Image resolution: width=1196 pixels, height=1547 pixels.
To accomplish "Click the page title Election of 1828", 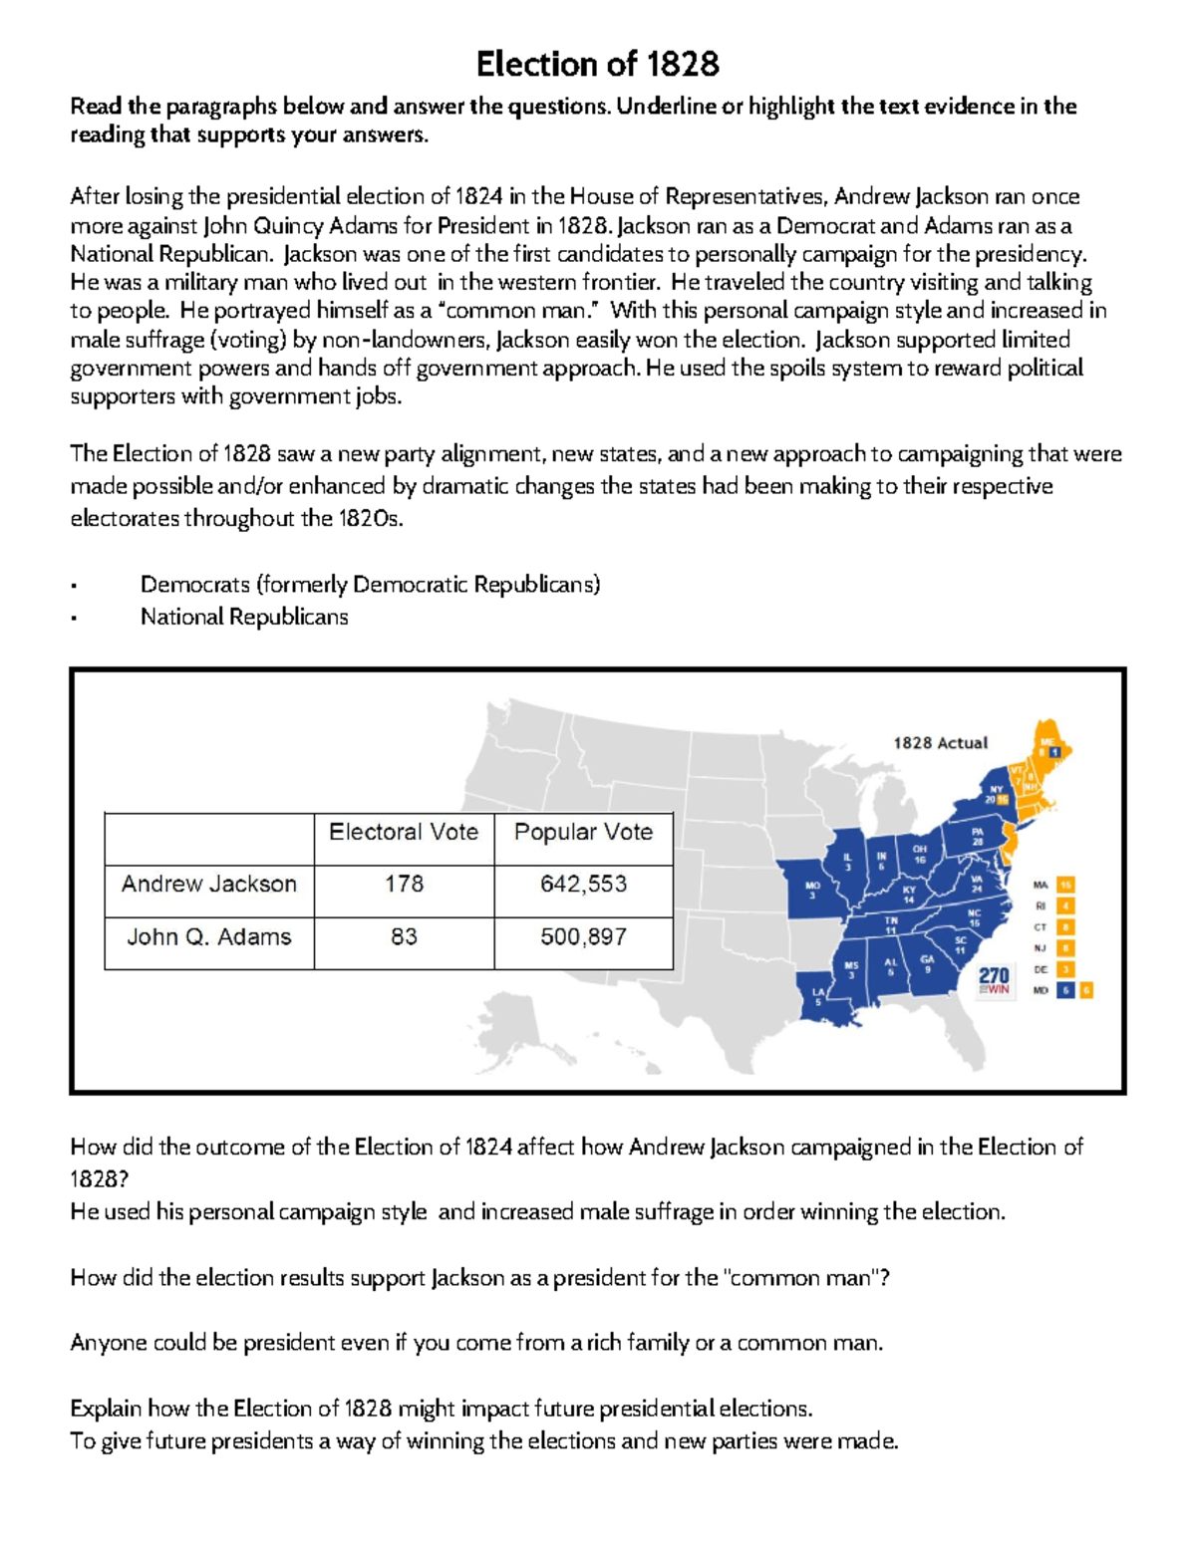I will pyautogui.click(x=597, y=65).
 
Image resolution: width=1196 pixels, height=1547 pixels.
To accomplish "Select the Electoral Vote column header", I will pyautogui.click(x=404, y=833).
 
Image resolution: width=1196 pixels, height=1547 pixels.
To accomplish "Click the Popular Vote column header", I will pyautogui.click(x=583, y=833).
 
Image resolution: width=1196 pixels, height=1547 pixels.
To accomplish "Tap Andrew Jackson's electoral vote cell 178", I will pyautogui.click(x=404, y=885).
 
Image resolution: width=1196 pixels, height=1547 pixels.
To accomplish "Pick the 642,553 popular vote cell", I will pyautogui.click(x=583, y=885).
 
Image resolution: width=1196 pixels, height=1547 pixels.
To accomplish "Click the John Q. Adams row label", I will pyautogui.click(x=209, y=937).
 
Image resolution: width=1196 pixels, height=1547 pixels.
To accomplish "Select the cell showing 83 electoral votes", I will pyautogui.click(x=404, y=937).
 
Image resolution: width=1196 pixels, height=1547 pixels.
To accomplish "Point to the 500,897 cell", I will pyautogui.click(x=583, y=937).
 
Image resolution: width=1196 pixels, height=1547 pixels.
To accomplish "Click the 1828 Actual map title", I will pyautogui.click(x=940, y=743).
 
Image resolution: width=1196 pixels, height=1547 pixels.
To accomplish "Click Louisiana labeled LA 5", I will pyautogui.click(x=818, y=997).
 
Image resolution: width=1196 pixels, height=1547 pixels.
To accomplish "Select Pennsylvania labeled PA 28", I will pyautogui.click(x=976, y=837).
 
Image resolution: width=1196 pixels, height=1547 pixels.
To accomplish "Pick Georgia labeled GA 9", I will pyautogui.click(x=927, y=964).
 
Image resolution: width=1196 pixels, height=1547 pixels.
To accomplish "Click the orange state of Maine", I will pyautogui.click(x=1047, y=742).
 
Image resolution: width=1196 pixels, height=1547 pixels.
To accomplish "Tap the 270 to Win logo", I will pyautogui.click(x=994, y=980).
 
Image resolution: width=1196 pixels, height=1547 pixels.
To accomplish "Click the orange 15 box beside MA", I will pyautogui.click(x=1066, y=885).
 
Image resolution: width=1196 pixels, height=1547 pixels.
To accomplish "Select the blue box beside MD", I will pyautogui.click(x=1065, y=990).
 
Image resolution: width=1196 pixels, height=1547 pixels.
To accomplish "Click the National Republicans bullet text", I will pyautogui.click(x=244, y=618).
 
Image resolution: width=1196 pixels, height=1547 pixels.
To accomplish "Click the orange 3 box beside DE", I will pyautogui.click(x=1066, y=969).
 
